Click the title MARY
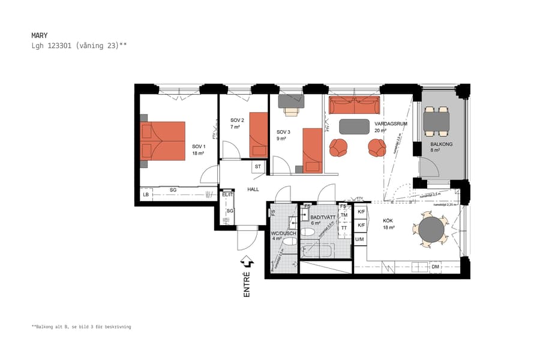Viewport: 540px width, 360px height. tap(39, 35)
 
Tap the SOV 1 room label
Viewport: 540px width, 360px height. tap(199, 146)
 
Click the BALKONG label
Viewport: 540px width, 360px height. tap(441, 145)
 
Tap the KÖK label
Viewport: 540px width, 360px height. tap(388, 221)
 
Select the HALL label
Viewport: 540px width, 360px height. tap(253, 190)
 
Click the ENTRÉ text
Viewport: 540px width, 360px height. tap(247, 284)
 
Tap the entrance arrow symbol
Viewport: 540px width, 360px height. tap(246, 262)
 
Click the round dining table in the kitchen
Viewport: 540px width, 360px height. tap(431, 229)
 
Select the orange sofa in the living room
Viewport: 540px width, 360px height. tap(354, 106)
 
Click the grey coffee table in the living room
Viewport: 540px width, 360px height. tap(355, 127)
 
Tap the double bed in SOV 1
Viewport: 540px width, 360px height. tap(163, 141)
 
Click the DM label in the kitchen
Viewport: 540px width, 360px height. tap(435, 266)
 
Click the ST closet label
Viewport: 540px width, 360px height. tap(257, 166)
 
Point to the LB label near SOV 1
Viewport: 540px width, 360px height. tap(146, 195)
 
